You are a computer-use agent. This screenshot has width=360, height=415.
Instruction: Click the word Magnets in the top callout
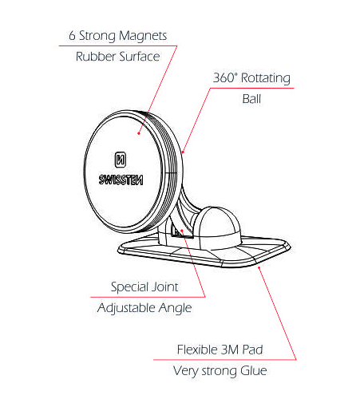(143, 36)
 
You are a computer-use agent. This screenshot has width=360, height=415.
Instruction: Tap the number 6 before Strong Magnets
(72, 35)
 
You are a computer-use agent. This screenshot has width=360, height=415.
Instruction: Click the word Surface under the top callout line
(139, 57)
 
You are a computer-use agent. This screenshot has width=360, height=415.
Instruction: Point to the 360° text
(225, 77)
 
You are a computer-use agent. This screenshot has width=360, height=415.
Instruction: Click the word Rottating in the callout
(266, 78)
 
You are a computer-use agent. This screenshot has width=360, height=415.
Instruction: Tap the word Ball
(251, 99)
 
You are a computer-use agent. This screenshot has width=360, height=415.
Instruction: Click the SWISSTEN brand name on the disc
(121, 180)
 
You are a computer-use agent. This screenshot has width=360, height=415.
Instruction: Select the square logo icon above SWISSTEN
(121, 160)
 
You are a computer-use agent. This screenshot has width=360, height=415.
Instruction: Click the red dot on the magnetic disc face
(139, 133)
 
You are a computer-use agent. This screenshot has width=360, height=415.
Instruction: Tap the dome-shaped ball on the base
(217, 228)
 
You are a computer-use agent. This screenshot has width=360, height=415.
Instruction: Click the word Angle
(175, 309)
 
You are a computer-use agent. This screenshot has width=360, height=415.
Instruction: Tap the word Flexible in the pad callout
(197, 350)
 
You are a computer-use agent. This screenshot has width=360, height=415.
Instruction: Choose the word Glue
(254, 370)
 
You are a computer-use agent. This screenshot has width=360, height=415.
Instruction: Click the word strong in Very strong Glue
(220, 371)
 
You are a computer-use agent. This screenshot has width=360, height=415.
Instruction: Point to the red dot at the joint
(182, 231)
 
